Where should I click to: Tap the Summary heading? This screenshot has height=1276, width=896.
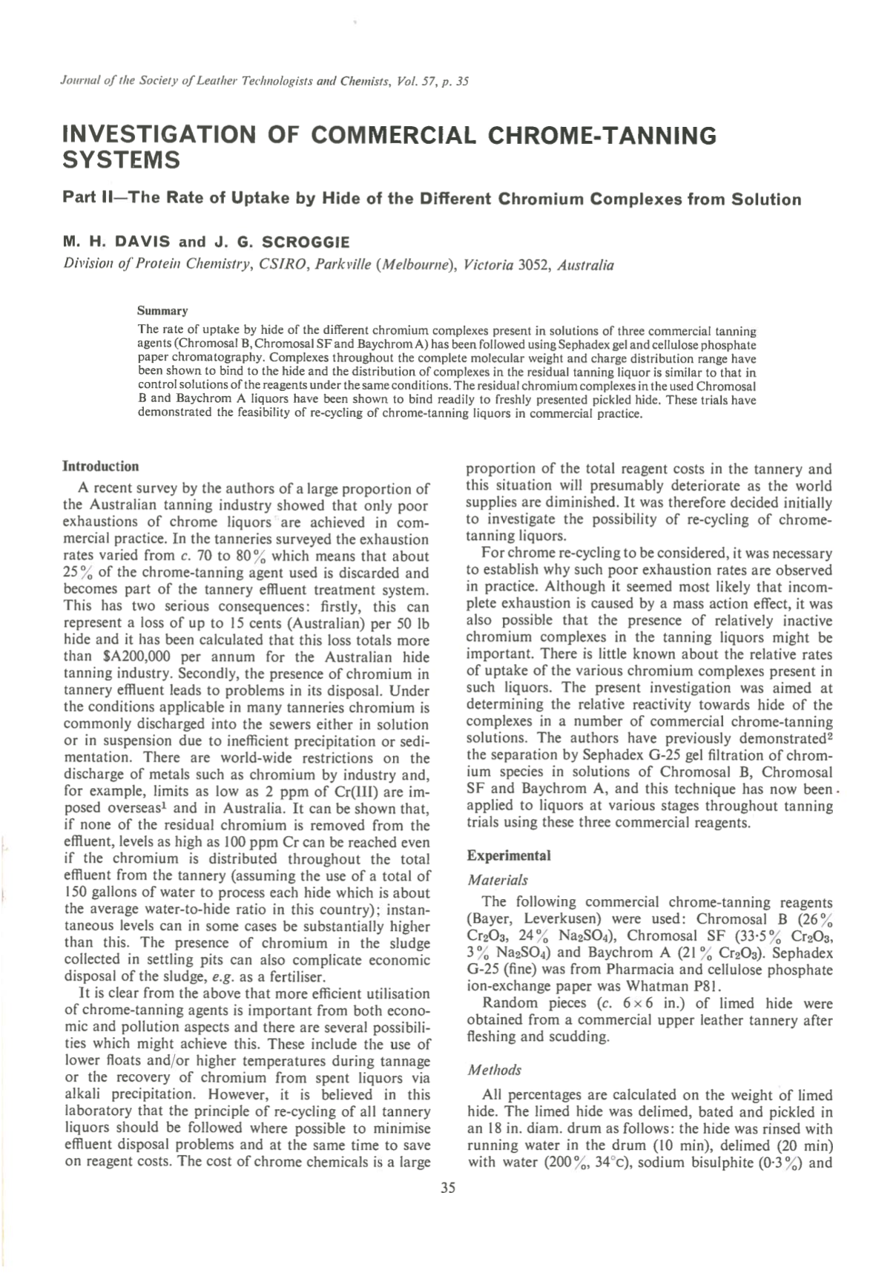[x=162, y=311]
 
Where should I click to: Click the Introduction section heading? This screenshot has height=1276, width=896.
[x=101, y=467]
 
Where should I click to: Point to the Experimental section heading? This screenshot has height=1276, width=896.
[x=509, y=855]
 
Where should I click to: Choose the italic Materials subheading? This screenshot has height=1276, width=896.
[x=497, y=880]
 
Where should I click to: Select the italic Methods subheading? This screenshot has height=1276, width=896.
[x=494, y=1070]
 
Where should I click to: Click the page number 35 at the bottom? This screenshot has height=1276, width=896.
[x=447, y=1188]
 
